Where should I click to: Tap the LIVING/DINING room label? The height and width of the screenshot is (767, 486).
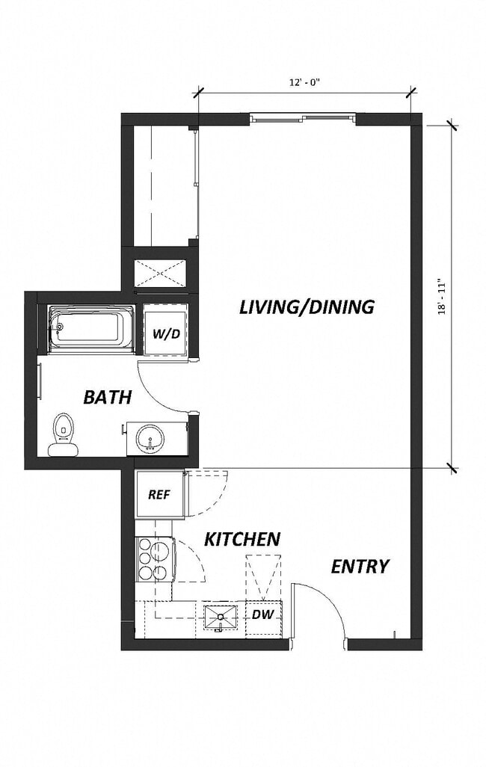tap(307, 307)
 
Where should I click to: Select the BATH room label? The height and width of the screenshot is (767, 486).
tap(107, 397)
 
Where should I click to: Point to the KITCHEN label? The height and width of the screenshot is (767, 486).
tap(243, 539)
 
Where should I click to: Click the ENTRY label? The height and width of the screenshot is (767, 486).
tap(360, 567)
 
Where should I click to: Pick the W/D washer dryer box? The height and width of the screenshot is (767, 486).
tap(166, 333)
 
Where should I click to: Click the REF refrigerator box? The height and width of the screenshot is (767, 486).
tap(159, 494)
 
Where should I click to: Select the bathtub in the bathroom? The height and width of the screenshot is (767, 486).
tap(90, 328)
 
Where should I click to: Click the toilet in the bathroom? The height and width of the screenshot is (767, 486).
tap(64, 434)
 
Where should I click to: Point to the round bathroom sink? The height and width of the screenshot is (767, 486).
tap(152, 440)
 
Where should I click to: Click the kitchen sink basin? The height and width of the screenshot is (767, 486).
tap(220, 617)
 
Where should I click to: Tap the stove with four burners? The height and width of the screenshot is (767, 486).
tap(154, 560)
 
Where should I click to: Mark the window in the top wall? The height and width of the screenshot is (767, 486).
tap(302, 117)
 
